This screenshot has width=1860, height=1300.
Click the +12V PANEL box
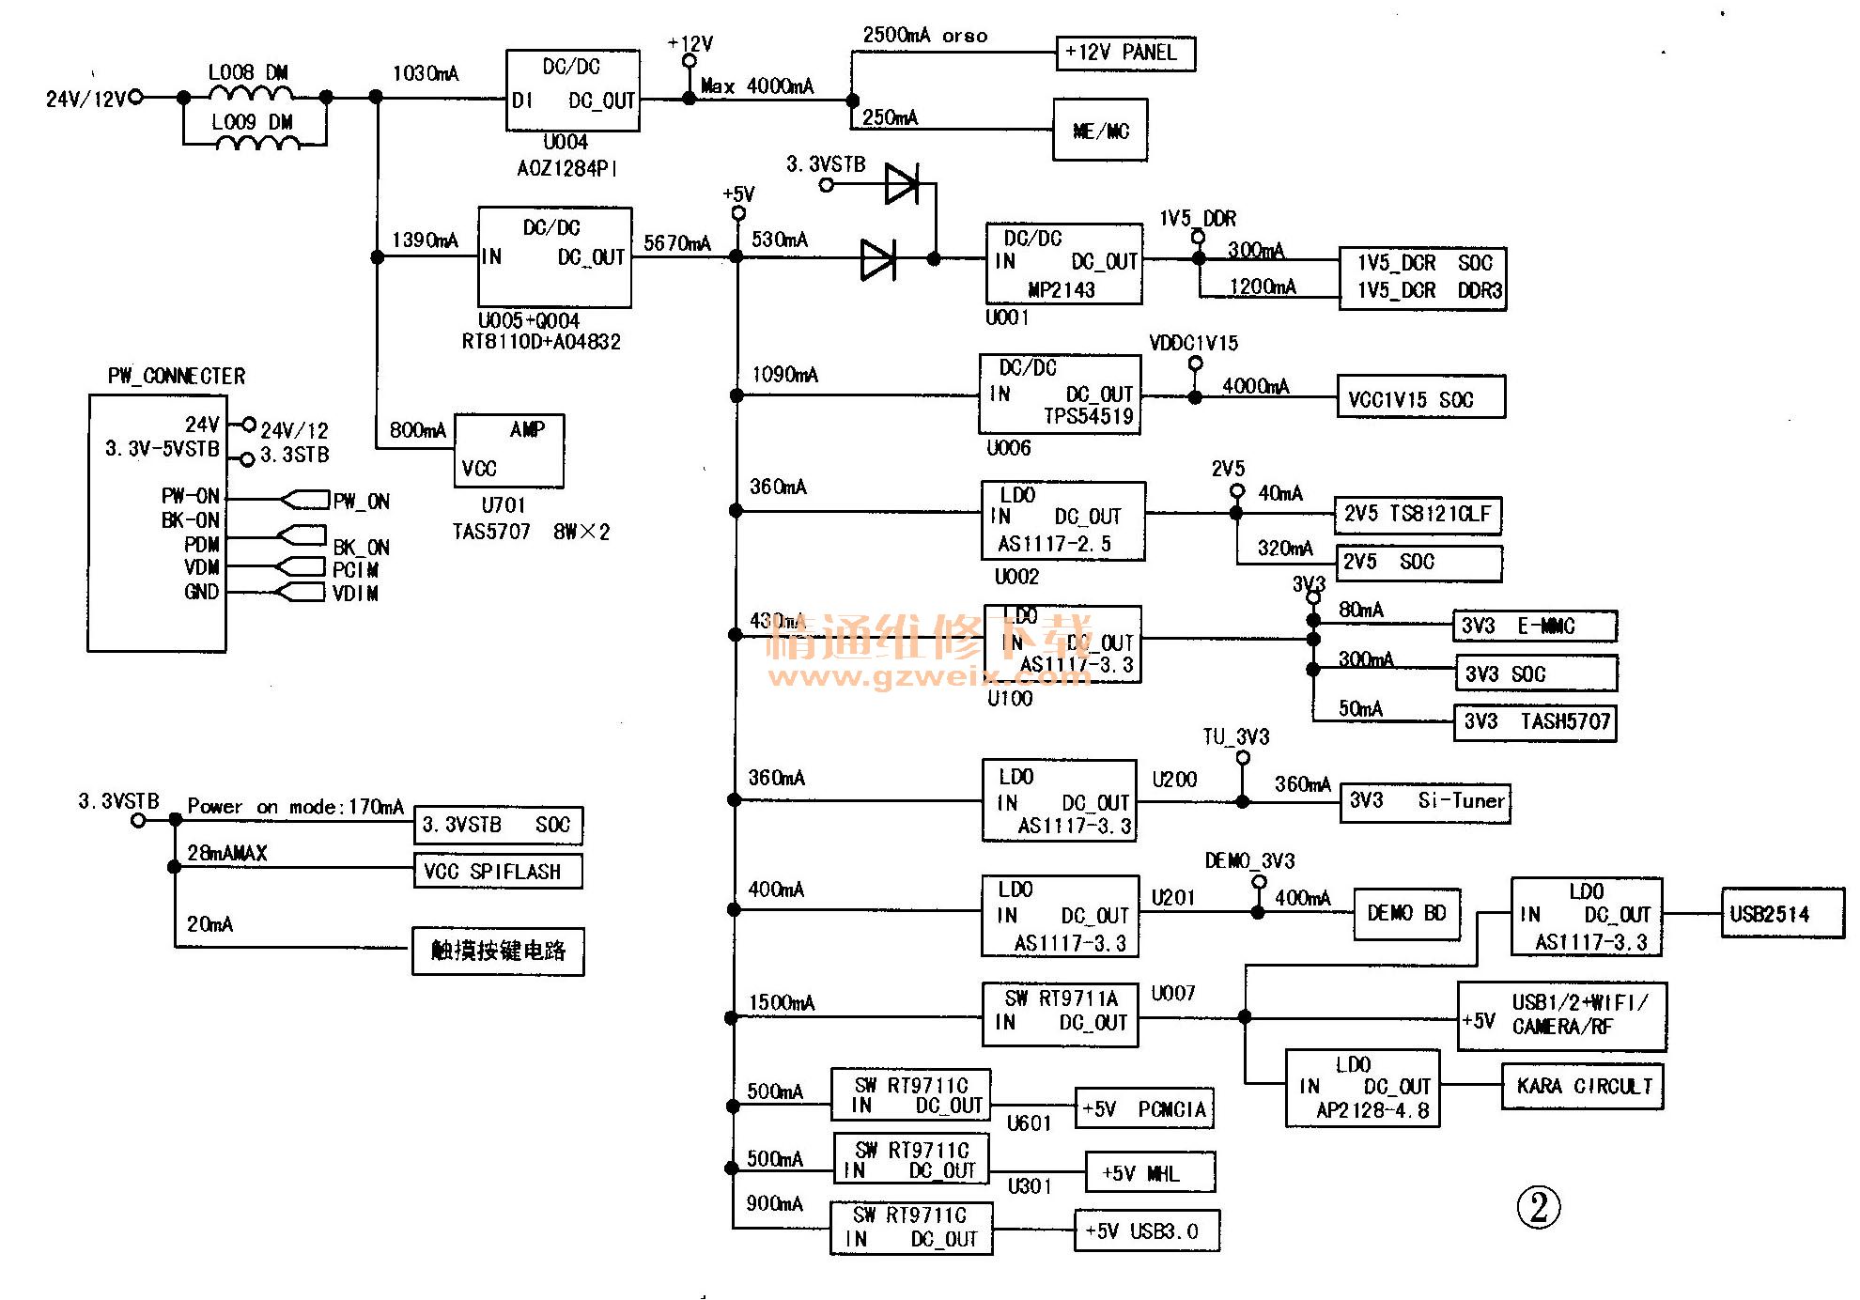tap(1125, 54)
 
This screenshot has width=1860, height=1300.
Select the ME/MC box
tap(1100, 131)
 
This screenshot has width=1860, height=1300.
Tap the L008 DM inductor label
tap(248, 72)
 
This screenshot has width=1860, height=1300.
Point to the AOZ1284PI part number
tap(567, 169)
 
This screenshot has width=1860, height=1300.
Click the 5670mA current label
tap(676, 243)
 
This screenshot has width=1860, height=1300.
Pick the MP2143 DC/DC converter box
tap(1063, 264)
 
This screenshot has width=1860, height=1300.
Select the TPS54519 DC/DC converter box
tap(1060, 394)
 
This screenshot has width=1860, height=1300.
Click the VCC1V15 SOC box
tap(1420, 398)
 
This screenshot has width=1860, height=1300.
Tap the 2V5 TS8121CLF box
tap(1418, 514)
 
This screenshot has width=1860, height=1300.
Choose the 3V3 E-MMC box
tap(1535, 627)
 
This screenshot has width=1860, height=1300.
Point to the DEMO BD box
tap(1406, 913)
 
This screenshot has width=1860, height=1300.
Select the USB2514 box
tap(1781, 914)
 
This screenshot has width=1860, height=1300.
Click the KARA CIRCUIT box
tap(1583, 1087)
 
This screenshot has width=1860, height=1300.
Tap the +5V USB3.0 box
tap(1146, 1230)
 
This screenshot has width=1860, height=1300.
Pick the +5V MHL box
tap(1150, 1173)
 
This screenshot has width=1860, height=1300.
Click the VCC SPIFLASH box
tap(498, 871)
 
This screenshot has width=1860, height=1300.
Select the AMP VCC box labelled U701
tap(509, 450)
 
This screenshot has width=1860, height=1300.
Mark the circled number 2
tap(1538, 1208)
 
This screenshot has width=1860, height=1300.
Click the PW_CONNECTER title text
tap(177, 377)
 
